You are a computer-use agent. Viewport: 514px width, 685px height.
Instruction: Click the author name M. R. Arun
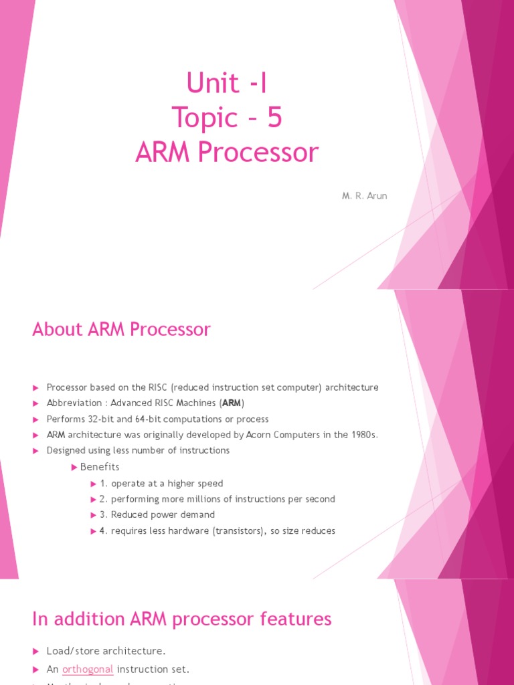[x=365, y=196]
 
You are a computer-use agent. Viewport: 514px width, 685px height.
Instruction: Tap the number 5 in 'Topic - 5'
[x=274, y=118]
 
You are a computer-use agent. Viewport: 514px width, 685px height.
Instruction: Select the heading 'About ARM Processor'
[x=121, y=329]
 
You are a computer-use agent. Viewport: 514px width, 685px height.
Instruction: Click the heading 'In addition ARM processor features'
[x=181, y=619]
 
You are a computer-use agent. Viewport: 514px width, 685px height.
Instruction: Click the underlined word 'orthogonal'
[x=88, y=669]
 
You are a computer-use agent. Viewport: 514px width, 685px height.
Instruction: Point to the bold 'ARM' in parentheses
[x=233, y=403]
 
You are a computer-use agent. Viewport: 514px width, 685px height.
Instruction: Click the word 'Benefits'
[x=100, y=467]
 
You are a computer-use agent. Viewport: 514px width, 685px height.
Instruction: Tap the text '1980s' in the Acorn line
[x=364, y=435]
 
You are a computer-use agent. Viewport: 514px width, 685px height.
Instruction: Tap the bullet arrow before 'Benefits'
[x=74, y=467]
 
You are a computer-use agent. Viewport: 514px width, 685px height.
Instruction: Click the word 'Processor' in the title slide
[x=272, y=153]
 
